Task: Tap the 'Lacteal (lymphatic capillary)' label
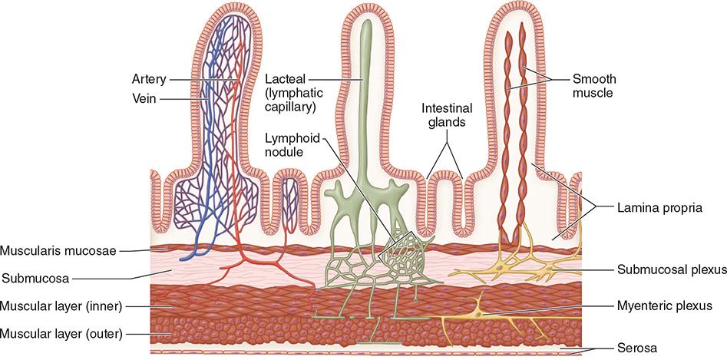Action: tap(290, 93)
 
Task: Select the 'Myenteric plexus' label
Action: tap(666, 305)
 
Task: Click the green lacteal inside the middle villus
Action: tap(367, 115)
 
